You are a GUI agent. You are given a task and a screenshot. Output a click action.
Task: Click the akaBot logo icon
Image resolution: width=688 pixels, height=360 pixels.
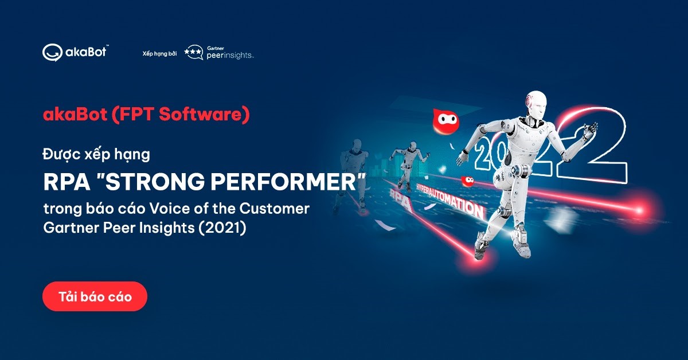pos(51,53)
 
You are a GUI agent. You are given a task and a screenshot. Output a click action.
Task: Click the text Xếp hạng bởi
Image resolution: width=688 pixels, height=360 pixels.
pos(159,53)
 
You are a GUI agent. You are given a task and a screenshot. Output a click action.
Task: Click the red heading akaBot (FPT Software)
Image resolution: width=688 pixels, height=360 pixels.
pos(146,115)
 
